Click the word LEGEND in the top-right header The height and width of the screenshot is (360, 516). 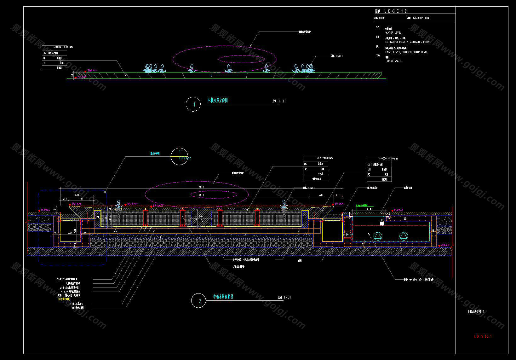click(396, 11)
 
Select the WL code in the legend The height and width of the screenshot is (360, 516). click(378, 28)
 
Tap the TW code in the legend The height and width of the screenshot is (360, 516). click(378, 56)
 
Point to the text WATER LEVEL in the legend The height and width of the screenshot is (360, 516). click(393, 33)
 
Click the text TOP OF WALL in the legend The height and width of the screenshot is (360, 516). click(393, 61)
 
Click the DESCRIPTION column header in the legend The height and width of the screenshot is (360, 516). click(421, 18)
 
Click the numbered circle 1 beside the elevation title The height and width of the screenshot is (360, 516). click(193, 104)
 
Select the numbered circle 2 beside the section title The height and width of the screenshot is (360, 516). click(199, 301)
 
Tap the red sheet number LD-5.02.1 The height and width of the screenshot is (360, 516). click(483, 336)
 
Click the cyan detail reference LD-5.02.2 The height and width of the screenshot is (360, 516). click(185, 158)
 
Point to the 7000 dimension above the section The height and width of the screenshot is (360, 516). click(201, 187)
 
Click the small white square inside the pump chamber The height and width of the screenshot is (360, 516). click(382, 224)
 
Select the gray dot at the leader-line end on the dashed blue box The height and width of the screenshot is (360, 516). click(105, 191)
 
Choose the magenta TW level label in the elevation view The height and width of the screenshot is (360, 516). click(92, 71)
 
